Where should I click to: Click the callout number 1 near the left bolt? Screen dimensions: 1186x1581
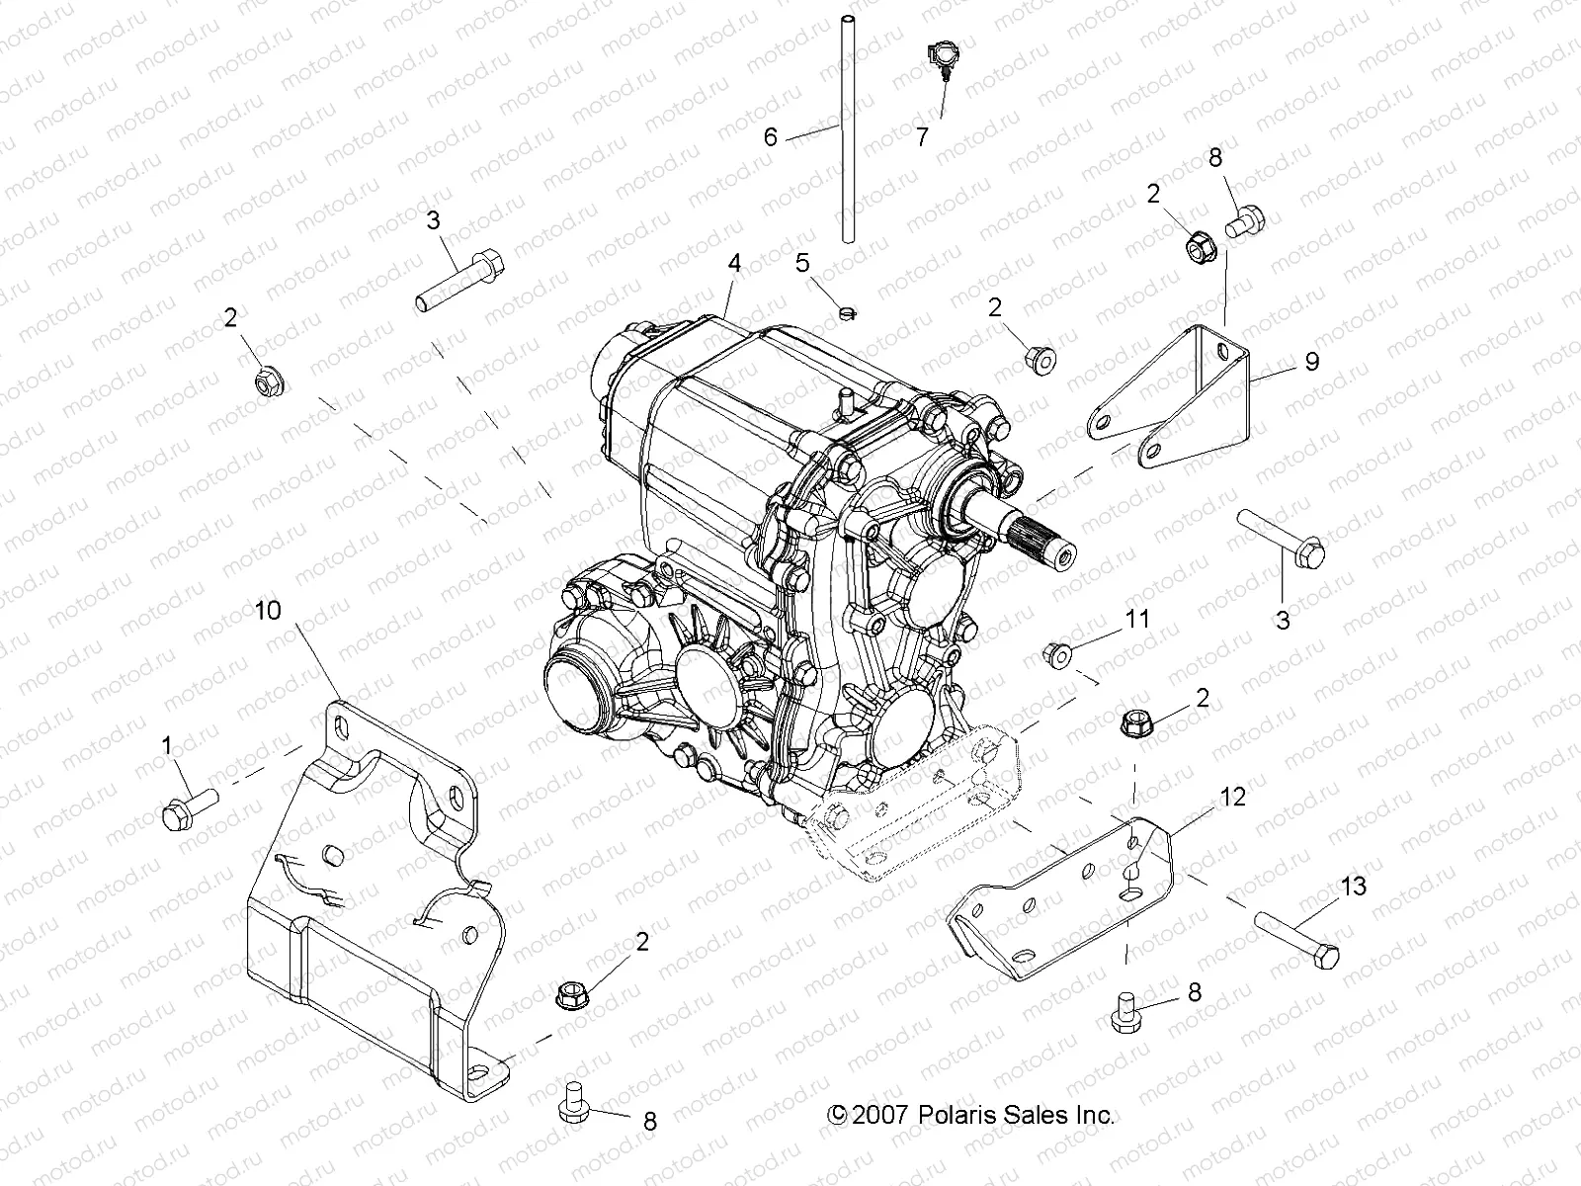(x=167, y=744)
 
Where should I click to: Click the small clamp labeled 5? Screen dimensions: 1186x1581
(x=845, y=313)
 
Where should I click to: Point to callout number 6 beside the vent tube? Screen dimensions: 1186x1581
(x=771, y=136)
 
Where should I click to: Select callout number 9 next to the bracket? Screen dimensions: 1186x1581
(x=1311, y=361)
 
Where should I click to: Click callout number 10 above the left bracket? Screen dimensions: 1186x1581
(x=268, y=610)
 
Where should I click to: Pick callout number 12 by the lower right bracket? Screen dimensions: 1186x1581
(x=1233, y=796)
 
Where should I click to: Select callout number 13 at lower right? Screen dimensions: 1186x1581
(x=1353, y=886)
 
